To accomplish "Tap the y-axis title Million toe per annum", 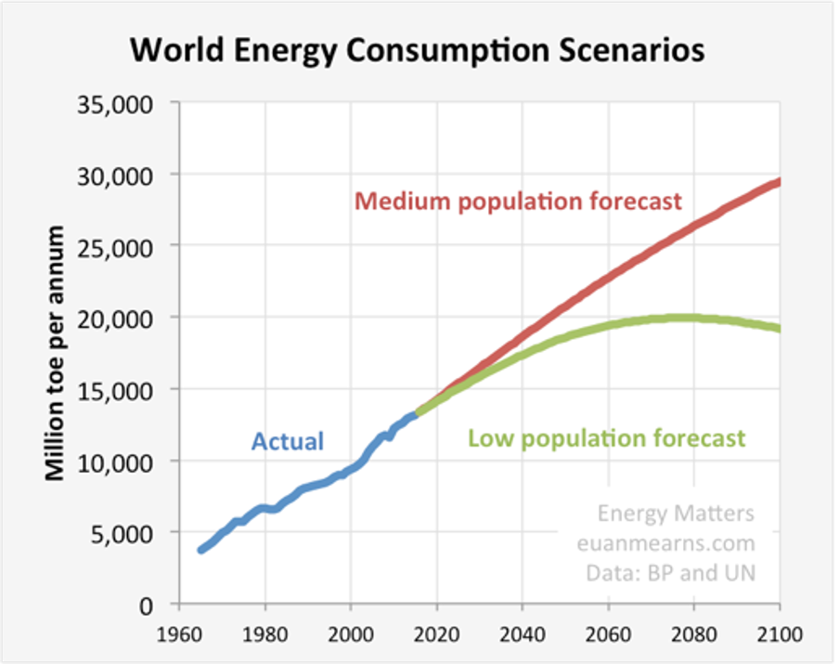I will [55, 353].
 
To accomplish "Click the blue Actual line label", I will [288, 440].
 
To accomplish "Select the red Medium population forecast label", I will [518, 201].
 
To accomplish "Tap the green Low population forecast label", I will [606, 437].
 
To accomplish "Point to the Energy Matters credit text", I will [676, 514].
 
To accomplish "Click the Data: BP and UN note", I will [671, 573].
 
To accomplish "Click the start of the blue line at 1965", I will [200, 550].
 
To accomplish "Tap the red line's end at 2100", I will [779, 182].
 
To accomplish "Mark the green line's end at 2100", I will [779, 328].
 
